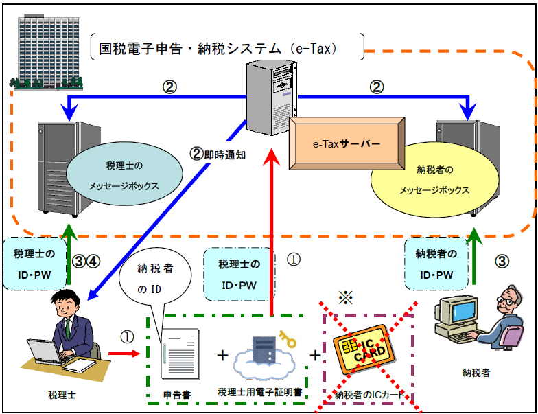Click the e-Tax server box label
(x=346, y=144)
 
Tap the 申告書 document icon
(x=180, y=360)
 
